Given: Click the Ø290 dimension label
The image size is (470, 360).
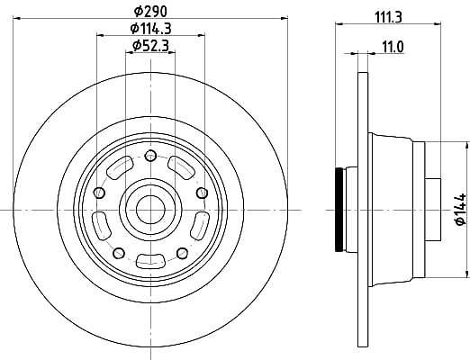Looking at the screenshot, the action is (x=150, y=12).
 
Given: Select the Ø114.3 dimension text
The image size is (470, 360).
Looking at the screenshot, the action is (x=150, y=29).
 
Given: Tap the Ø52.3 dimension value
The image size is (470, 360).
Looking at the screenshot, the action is (x=150, y=46).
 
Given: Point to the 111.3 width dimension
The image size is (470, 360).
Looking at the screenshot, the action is (x=388, y=17).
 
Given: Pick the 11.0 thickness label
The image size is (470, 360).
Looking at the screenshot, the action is (x=393, y=47).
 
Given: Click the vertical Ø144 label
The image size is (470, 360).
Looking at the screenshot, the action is (x=460, y=209).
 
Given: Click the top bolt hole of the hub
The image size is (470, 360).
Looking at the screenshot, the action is (x=150, y=156).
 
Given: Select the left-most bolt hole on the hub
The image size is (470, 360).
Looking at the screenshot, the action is (x=99, y=193).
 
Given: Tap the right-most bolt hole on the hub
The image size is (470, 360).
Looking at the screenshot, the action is (x=202, y=193).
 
